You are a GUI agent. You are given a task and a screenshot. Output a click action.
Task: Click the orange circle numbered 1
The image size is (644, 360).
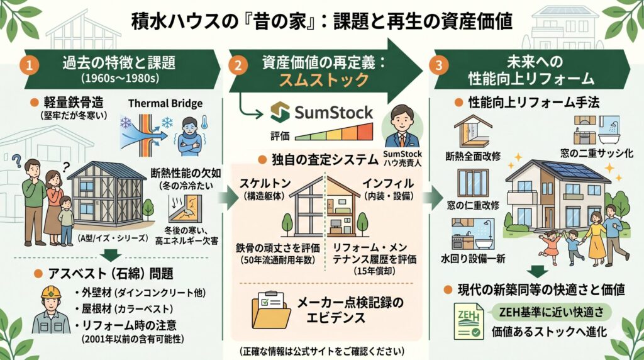point(30,64)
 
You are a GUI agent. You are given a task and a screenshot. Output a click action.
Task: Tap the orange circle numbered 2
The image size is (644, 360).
point(237,64)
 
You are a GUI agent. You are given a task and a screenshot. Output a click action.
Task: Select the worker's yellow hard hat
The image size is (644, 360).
point(50,293)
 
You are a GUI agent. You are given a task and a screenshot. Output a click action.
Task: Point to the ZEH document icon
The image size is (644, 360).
point(468,321)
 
